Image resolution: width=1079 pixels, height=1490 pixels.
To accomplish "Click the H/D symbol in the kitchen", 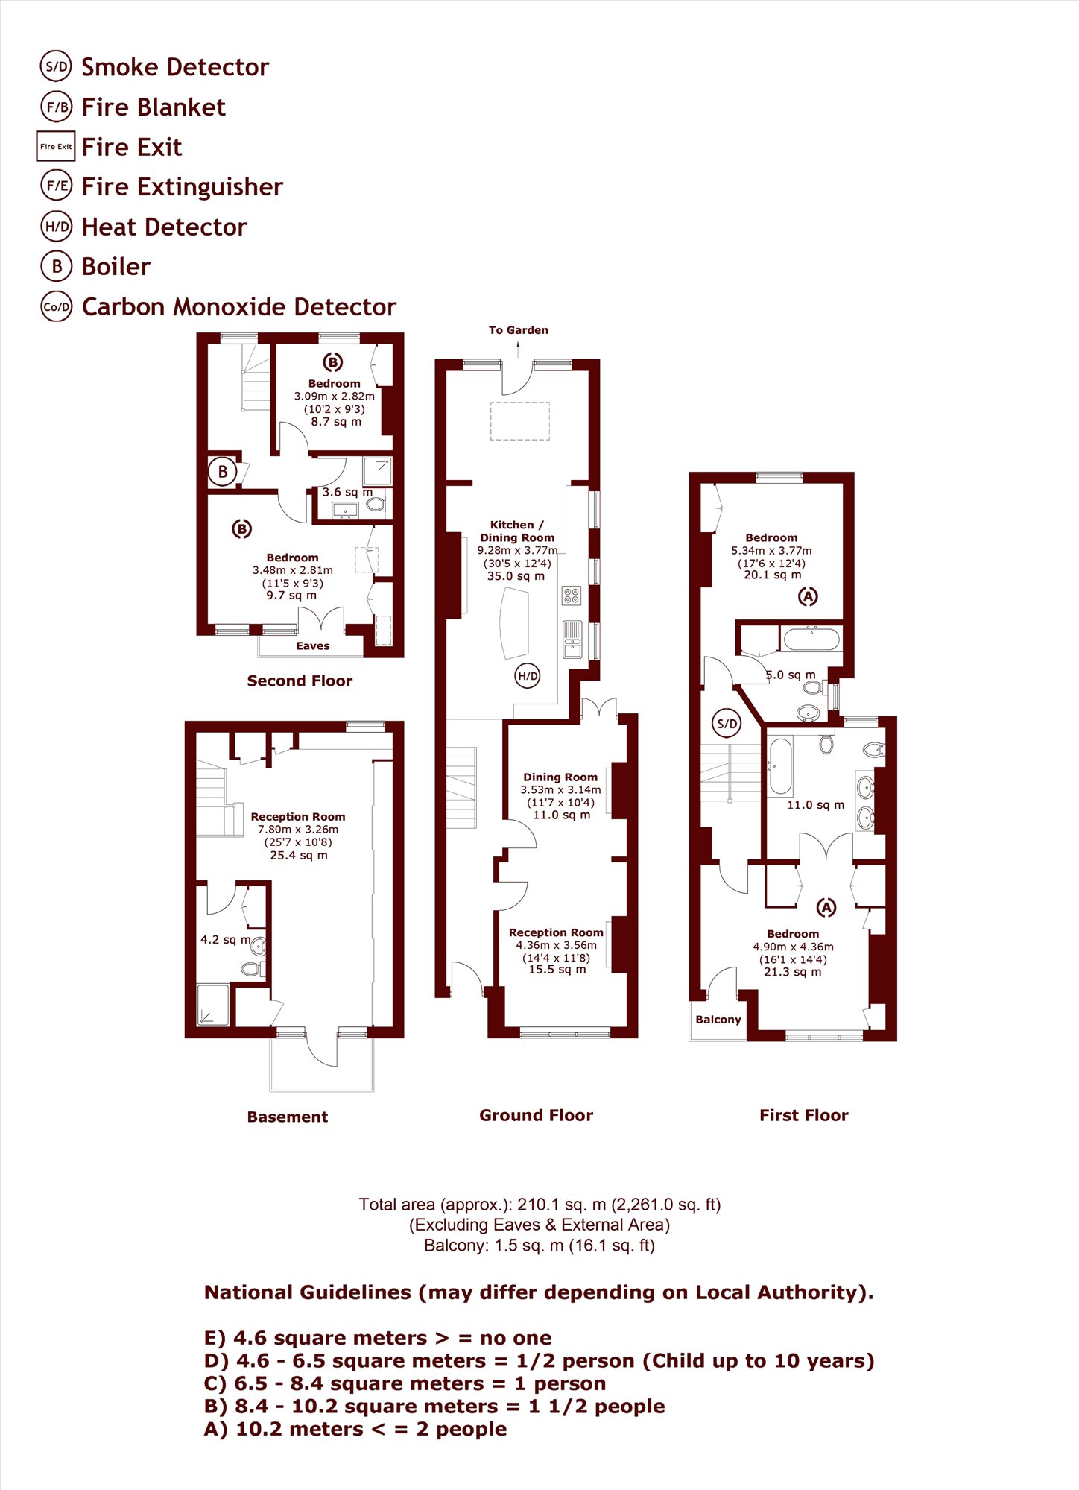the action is (528, 676).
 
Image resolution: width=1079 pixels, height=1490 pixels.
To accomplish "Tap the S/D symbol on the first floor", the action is (727, 723).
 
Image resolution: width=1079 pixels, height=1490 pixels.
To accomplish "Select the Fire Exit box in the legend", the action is (56, 146).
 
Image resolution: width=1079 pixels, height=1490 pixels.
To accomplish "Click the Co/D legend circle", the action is (57, 306).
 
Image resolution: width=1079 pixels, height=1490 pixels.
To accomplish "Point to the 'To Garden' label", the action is (519, 330).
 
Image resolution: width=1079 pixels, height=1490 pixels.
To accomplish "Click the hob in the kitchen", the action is (572, 596).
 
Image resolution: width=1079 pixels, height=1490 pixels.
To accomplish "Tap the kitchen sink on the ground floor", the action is (572, 640).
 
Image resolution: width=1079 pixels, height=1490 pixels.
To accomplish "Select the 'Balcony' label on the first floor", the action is (718, 1019).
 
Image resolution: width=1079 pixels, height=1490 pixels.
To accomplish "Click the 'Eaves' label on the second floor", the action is (313, 645).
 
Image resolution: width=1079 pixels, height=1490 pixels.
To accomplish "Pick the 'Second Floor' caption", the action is (300, 681).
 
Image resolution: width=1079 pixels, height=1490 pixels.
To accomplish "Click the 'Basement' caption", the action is (288, 1117).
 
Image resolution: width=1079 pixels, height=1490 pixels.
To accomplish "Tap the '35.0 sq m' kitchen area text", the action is (516, 576).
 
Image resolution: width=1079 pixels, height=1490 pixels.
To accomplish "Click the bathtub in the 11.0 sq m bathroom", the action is (780, 766).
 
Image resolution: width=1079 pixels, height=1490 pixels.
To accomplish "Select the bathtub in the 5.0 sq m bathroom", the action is (811, 640).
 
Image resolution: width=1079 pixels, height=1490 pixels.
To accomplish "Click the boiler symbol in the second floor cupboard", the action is (222, 472).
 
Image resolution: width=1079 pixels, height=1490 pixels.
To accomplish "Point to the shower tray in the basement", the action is (214, 1005).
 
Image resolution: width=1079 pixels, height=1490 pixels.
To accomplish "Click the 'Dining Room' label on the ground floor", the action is (560, 777).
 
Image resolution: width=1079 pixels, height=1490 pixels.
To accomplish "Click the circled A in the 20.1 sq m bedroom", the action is (808, 596).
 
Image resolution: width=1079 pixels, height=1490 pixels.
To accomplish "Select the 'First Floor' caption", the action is (804, 1115).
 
